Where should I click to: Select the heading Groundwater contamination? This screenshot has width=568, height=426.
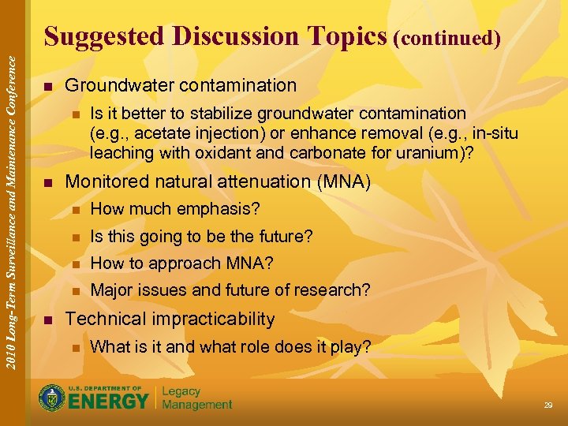click(181, 85)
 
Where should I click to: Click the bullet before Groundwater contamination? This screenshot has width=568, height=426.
click(48, 86)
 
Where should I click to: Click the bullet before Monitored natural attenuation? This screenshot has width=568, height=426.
click(48, 183)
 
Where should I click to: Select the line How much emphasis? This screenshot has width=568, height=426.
click(175, 209)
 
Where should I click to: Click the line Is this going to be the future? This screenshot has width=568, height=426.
click(201, 236)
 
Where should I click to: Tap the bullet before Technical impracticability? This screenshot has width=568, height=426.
click(48, 319)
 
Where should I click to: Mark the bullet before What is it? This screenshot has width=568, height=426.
click(76, 347)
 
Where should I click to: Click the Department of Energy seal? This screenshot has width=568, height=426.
click(52, 398)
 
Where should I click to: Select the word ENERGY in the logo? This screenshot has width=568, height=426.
click(109, 401)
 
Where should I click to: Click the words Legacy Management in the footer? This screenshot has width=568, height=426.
click(196, 398)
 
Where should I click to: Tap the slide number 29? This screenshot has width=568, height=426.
click(547, 405)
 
